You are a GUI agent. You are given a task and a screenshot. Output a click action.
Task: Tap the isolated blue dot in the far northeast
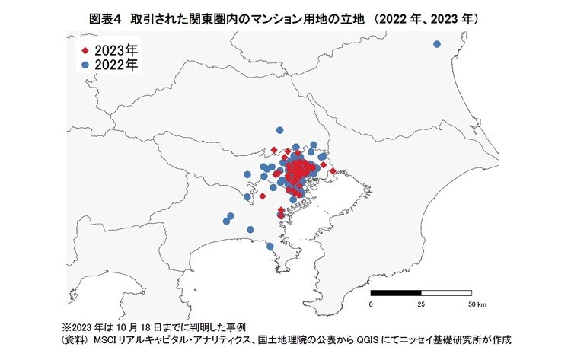(x=437, y=44)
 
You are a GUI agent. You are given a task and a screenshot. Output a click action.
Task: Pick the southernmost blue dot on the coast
(x=270, y=245)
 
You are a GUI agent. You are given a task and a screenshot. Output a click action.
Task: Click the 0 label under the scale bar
(x=371, y=304)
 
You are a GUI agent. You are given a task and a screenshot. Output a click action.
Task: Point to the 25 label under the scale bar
(x=421, y=304)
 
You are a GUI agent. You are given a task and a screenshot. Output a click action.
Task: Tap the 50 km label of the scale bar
(x=476, y=304)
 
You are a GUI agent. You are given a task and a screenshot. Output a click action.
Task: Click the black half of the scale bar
(x=396, y=293)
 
